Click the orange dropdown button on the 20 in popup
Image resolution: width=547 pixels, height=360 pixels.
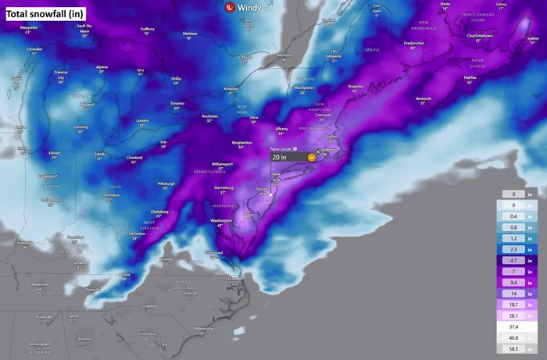tap(312, 157)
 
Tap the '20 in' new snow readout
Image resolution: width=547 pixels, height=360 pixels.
tap(280, 157)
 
